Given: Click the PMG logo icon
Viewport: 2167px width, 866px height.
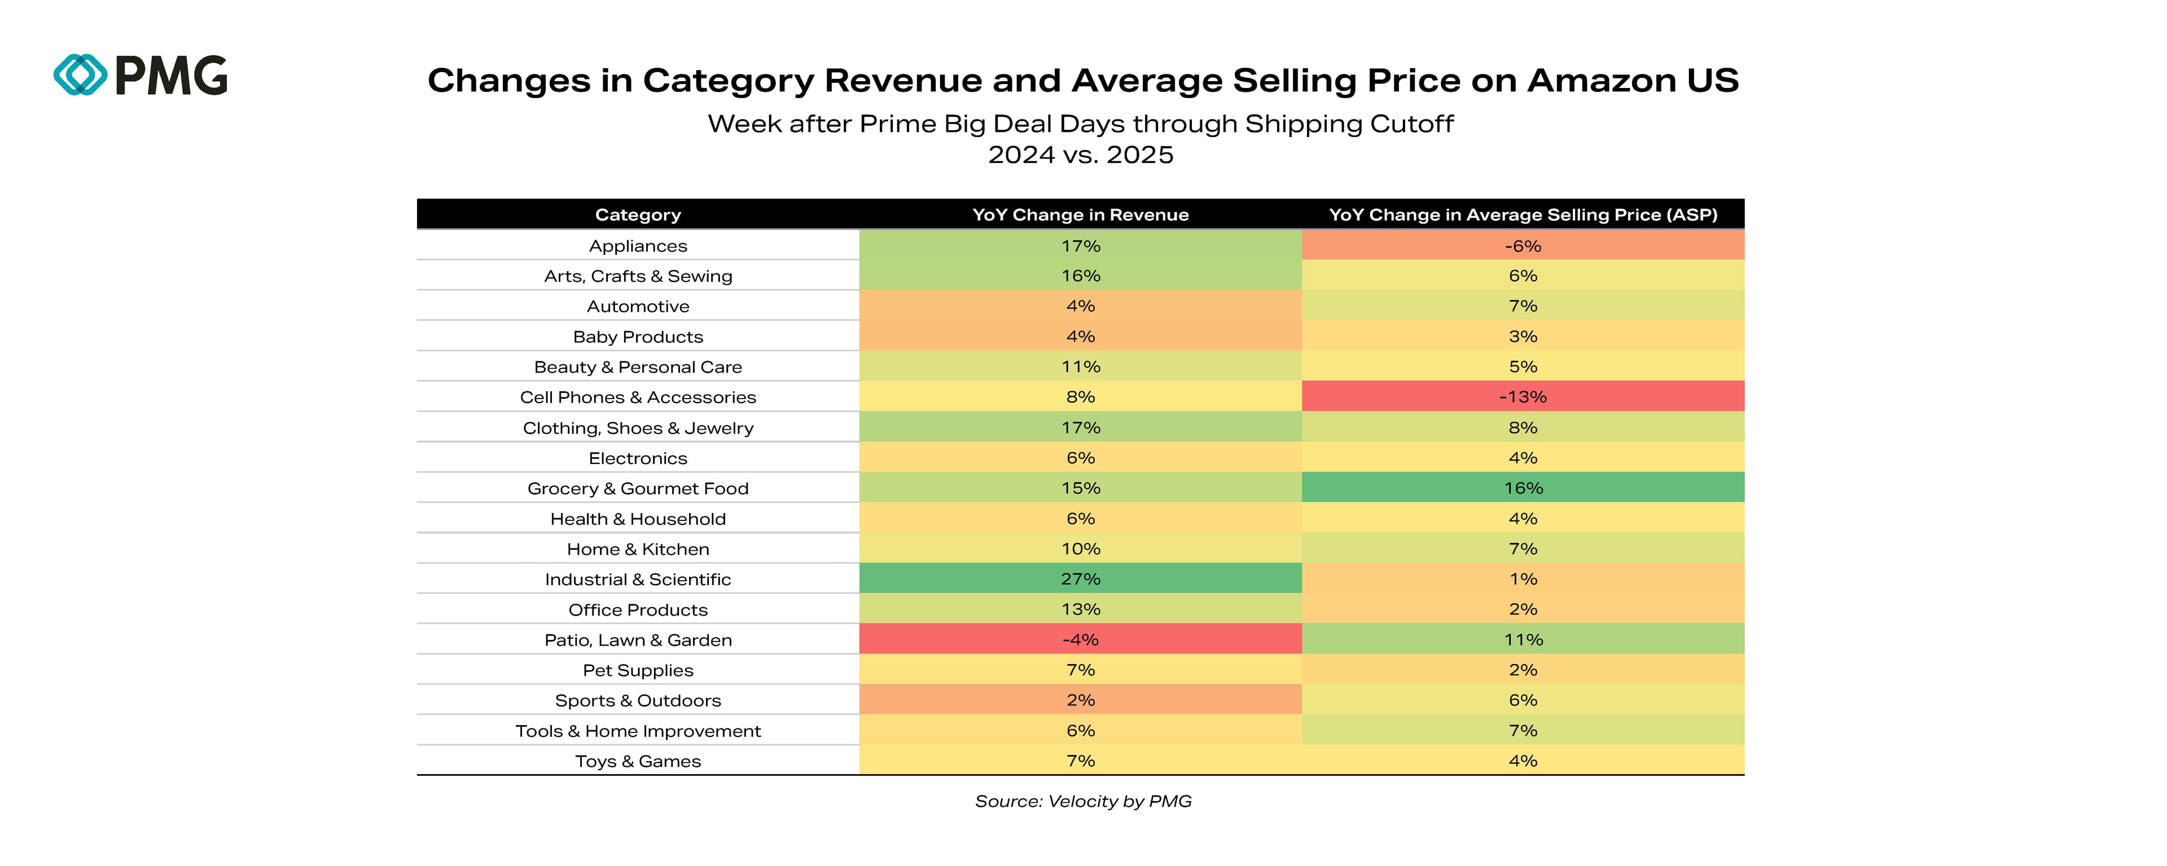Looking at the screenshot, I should pos(81,75).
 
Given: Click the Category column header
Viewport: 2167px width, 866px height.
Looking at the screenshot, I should pos(638,214).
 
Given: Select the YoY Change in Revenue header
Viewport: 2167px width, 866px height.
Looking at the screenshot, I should pos(1080,214).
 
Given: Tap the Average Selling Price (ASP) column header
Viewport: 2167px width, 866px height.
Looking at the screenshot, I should pos(1523,214).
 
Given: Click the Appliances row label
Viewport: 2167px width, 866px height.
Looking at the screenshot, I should pos(638,245).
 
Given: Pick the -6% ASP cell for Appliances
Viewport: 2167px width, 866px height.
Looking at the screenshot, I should pos(1523,245).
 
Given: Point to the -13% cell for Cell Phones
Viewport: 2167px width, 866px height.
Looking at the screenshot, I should pos(1523,397).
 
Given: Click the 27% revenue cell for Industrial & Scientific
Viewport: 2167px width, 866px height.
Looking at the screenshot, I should pos(1080,578).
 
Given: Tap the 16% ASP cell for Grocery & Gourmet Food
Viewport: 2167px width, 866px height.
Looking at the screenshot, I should pos(1523,488).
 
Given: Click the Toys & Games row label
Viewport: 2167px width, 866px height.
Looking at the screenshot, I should pos(638,761).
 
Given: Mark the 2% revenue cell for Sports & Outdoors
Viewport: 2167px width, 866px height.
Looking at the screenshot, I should pos(1080,700).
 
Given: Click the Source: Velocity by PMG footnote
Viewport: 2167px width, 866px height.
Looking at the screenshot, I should pos(1083,801).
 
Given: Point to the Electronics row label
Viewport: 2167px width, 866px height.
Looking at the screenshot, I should pos(638,458).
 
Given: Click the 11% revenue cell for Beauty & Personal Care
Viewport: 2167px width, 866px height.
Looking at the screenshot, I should pos(1080,366).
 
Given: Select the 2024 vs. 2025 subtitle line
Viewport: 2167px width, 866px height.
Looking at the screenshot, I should pos(1080,154).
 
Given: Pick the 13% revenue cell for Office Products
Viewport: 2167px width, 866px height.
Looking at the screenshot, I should pos(1080,609).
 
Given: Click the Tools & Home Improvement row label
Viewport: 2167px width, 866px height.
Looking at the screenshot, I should pos(638,731).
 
